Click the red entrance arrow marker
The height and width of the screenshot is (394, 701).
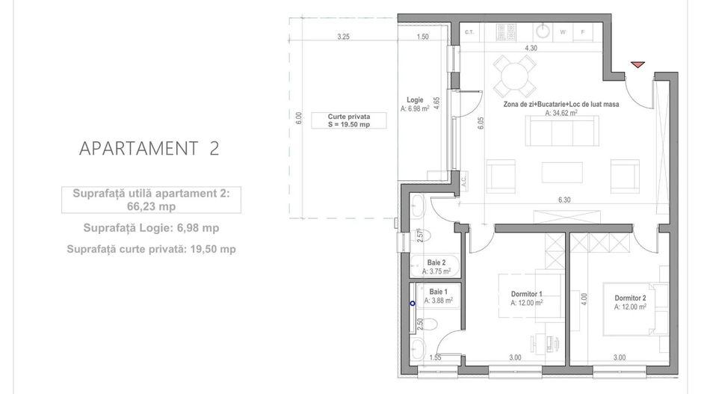click(637, 66)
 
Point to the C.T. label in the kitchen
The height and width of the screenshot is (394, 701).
click(470, 32)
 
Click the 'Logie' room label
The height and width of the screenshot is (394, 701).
click(415, 100)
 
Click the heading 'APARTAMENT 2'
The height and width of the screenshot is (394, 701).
click(149, 148)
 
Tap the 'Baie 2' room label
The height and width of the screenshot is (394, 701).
click(437, 262)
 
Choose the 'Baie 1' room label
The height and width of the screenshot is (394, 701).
click(438, 292)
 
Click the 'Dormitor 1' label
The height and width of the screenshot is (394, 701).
click(521, 294)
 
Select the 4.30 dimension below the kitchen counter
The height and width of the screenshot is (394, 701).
click(531, 48)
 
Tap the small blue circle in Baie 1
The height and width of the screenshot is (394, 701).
click(413, 304)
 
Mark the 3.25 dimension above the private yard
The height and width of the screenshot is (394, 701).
click(343, 36)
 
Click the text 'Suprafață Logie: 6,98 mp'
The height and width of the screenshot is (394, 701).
click(152, 228)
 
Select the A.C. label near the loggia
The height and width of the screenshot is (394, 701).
click(463, 179)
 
